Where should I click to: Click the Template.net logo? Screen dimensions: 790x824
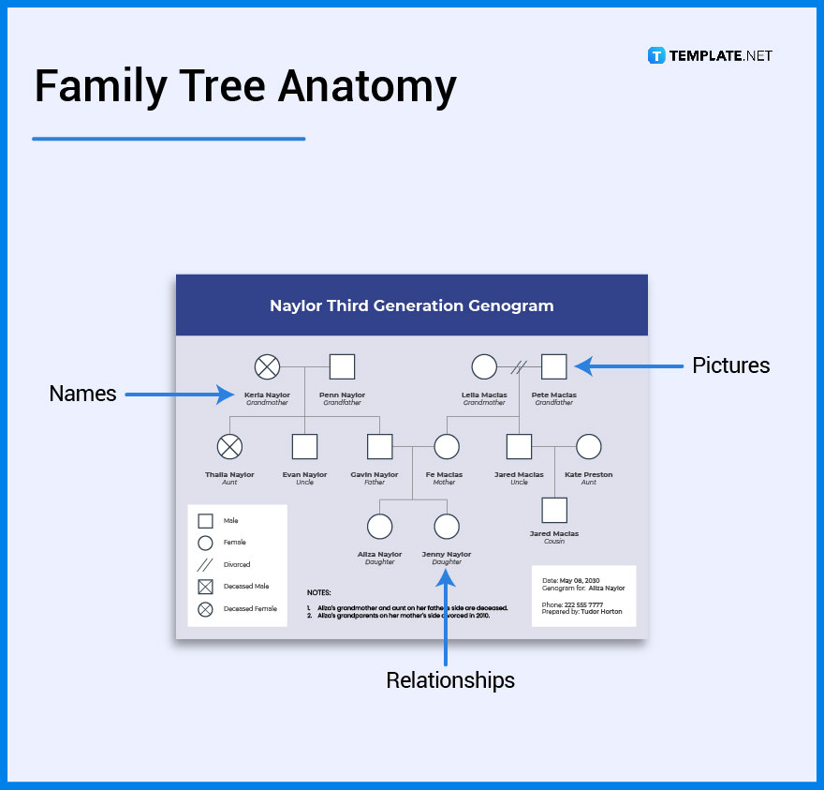pyautogui.click(x=710, y=55)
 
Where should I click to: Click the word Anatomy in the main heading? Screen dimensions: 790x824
pyautogui.click(x=367, y=87)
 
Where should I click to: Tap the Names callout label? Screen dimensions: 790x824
pyautogui.click(x=82, y=394)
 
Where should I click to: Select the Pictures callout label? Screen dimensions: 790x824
pyautogui.click(x=730, y=365)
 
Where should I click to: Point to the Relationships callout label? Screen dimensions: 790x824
pyautogui.click(x=450, y=679)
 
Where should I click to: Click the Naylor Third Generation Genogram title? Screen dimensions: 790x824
pyautogui.click(x=411, y=306)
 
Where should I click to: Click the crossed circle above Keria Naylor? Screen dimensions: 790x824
pyautogui.click(x=268, y=367)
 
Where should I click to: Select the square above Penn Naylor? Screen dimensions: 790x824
pyautogui.click(x=342, y=367)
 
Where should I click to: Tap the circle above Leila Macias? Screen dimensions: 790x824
pyautogui.click(x=484, y=367)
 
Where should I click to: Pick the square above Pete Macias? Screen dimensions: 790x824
pyautogui.click(x=554, y=367)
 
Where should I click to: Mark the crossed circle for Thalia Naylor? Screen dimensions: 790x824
pyautogui.click(x=229, y=447)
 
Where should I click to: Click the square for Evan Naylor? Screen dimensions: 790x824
pyautogui.click(x=304, y=447)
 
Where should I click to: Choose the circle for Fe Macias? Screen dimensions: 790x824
pyautogui.click(x=447, y=447)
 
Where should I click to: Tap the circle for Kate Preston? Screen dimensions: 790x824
pyautogui.click(x=588, y=447)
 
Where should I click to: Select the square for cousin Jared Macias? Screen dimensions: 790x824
pyautogui.click(x=554, y=510)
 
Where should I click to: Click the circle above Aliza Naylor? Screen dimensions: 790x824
pyautogui.click(x=379, y=527)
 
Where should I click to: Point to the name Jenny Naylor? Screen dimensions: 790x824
pyautogui.click(x=447, y=554)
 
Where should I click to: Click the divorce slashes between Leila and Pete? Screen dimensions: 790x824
pyautogui.click(x=520, y=367)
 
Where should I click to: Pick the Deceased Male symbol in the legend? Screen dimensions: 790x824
pyautogui.click(x=205, y=587)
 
